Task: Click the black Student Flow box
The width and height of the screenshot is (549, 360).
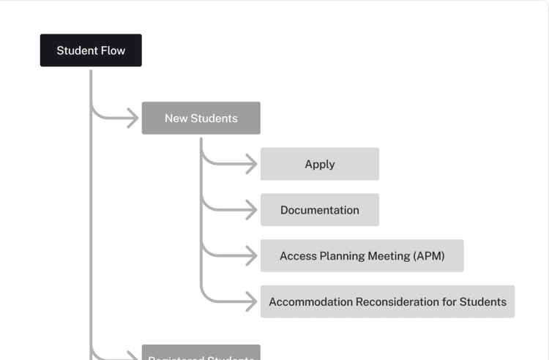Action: pos(91,50)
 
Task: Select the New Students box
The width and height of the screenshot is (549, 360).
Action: pos(201,118)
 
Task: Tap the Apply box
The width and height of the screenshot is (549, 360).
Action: pos(320,164)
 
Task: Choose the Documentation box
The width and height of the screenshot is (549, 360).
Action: pos(320,210)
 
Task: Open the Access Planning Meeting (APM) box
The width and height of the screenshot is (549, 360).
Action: pos(362,256)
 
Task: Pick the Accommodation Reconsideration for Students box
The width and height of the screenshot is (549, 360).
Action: pos(387,301)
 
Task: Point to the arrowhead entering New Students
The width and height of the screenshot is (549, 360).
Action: pos(132,118)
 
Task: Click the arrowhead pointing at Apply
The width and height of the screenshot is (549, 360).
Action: pos(251,164)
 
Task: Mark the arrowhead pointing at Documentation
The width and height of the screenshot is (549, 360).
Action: pos(251,210)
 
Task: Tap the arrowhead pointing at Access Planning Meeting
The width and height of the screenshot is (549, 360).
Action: pos(251,256)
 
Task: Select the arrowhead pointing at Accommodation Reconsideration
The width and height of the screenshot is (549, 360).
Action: pos(251,301)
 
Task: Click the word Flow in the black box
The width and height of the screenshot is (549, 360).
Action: pos(112,50)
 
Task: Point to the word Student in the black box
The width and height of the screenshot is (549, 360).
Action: pos(77,50)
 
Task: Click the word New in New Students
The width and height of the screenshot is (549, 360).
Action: pos(176,118)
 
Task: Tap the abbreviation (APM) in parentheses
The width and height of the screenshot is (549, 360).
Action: pos(428,256)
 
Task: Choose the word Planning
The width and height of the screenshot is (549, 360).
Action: pos(340,256)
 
